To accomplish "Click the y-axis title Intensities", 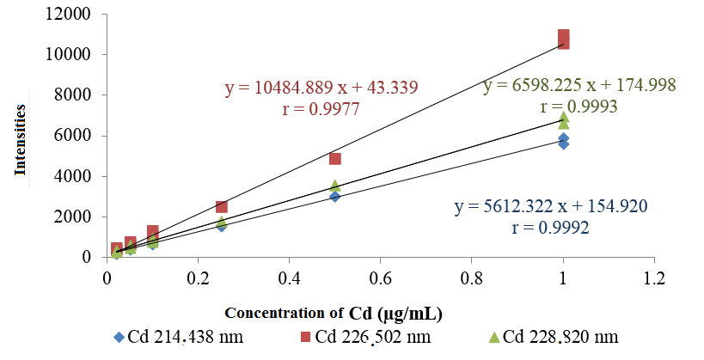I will (x=20, y=139).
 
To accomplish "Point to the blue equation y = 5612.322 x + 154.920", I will (x=549, y=206).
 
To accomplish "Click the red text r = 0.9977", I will (x=321, y=109).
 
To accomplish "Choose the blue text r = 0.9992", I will (x=549, y=229).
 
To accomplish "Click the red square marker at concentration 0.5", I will (x=335, y=158).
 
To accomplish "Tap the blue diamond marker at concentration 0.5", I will (x=335, y=196).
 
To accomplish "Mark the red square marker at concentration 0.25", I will (x=221, y=206).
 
